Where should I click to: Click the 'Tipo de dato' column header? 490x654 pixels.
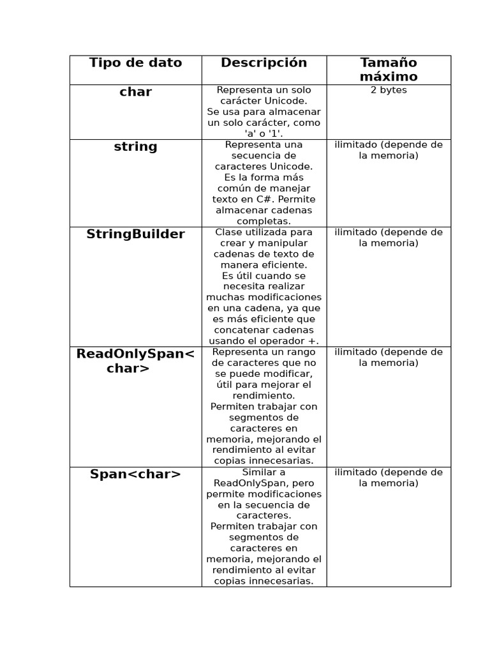135,63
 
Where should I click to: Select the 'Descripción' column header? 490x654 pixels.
264,63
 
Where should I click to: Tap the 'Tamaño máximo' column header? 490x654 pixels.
388,70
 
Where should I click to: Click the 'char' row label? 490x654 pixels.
135,92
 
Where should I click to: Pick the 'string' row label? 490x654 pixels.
135,147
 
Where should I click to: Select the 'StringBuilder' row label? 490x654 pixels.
135,234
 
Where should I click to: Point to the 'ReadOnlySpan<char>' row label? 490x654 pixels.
135,361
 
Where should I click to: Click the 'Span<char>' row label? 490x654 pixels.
135,474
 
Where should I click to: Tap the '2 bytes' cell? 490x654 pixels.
388,90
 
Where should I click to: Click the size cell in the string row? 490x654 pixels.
388,150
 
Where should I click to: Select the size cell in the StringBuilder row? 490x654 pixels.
388,238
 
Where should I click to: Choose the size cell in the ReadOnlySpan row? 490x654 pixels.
388,358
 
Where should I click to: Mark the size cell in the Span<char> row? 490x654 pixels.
388,478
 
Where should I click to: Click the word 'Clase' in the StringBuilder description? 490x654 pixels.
228,232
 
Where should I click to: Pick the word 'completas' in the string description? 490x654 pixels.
264,221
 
